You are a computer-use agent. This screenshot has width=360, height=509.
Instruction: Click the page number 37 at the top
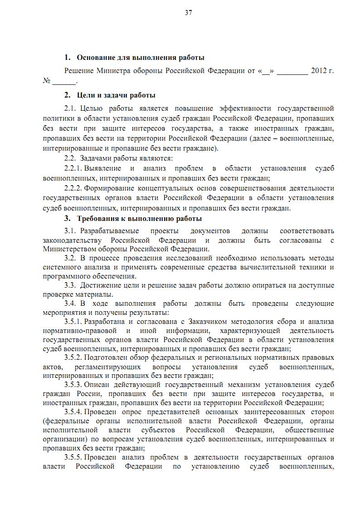point(188,13)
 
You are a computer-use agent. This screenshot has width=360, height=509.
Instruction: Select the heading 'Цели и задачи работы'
point(116,95)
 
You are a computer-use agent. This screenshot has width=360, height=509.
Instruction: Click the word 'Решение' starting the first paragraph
point(79,71)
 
